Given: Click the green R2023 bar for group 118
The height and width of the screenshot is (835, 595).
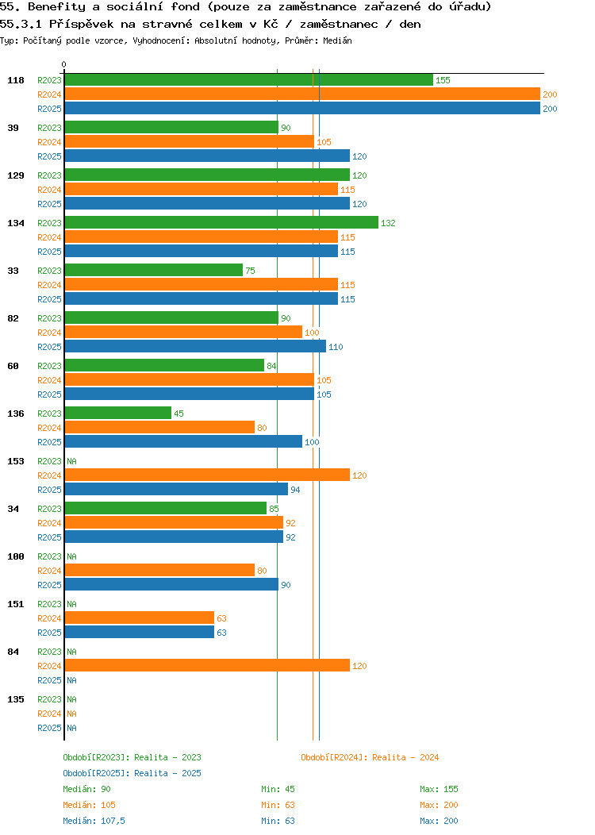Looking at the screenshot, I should pos(248,79).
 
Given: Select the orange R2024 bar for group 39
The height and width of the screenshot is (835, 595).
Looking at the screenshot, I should pos(189,141).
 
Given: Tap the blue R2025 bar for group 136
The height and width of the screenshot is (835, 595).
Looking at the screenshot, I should pos(183,441).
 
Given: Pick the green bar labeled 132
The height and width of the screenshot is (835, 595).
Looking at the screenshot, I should pos(221,222).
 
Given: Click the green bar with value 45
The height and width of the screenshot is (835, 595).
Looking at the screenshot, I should pos(117,413).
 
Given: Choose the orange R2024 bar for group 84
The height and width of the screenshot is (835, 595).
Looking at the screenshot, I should pos(207,665).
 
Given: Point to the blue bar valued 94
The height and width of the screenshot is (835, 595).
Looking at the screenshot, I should pos(176,489).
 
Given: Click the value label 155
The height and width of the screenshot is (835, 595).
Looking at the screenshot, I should pos(443,80).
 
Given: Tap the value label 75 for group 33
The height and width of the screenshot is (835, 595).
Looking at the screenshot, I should pos(250,271).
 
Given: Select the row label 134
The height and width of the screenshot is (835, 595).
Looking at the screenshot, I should pos(15,223).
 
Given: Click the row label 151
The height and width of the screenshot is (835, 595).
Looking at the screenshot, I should pos(15,604).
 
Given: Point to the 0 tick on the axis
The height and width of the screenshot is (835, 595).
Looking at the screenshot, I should pos(64,65).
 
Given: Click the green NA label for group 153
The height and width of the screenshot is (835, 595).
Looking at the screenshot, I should pos(71,461).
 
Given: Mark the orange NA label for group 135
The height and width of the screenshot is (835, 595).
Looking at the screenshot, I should pos(71,714).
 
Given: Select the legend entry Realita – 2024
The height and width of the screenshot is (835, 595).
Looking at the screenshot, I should pos(370,757).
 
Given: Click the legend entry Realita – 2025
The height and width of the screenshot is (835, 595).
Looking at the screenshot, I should pos(132,773).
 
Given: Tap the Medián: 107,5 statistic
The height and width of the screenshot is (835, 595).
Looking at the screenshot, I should pos(94,821).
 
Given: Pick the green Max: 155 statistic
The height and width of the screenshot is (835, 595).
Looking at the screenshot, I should pos(439,789).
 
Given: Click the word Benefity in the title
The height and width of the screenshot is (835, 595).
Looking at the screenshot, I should pos(56,7).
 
